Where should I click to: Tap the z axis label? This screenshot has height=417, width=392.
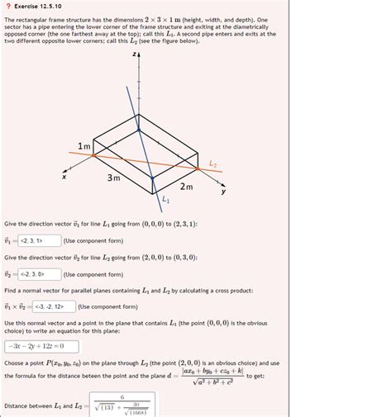pos(132,54)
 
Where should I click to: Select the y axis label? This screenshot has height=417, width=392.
pos(222,192)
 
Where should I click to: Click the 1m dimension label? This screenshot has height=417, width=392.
pos(85,146)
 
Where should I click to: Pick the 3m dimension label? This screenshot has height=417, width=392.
pos(114,178)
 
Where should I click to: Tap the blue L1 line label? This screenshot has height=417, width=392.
pos(166,201)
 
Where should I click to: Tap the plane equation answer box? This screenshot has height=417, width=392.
pos(41,345)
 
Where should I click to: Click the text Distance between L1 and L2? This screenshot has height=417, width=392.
pos(35,405)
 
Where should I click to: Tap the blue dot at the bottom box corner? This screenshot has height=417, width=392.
pos(152,177)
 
